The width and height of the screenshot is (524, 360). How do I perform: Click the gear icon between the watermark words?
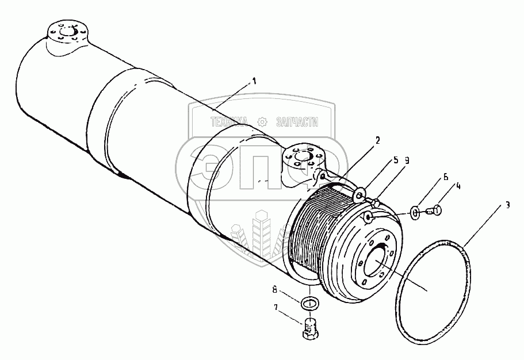point(262,121)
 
